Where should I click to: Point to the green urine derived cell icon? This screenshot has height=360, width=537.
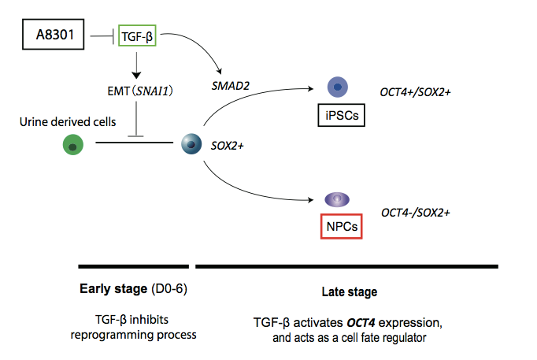click(x=72, y=144)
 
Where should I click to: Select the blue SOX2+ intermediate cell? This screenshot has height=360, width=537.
click(x=191, y=144)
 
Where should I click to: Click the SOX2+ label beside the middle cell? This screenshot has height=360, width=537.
click(x=228, y=145)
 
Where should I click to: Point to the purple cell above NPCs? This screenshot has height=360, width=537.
click(x=338, y=200)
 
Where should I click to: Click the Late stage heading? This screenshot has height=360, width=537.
click(x=349, y=292)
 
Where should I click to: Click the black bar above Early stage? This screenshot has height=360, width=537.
click(x=133, y=265)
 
